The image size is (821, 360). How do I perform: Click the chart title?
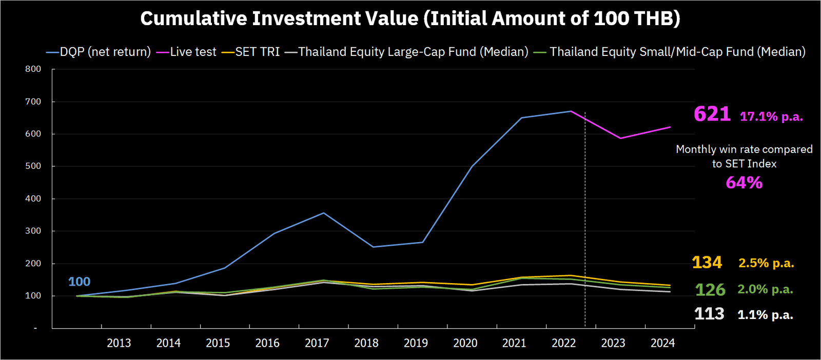(410, 18)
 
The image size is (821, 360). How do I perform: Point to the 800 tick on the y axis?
(33, 69)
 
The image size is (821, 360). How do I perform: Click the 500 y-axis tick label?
(33, 166)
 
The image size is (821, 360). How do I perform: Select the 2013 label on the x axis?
(119, 343)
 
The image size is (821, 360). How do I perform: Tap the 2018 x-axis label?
(366, 343)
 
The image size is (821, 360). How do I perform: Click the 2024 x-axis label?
(662, 343)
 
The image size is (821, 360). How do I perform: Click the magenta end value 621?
(712, 114)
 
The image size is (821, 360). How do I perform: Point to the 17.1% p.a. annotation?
(771, 116)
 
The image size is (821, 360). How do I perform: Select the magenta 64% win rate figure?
(744, 183)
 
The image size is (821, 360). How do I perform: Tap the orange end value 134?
(707, 263)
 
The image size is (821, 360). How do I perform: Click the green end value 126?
(710, 290)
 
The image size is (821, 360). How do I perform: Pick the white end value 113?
(709, 314)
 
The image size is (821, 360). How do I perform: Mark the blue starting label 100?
(79, 282)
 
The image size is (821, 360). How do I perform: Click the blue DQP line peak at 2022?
(571, 111)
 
